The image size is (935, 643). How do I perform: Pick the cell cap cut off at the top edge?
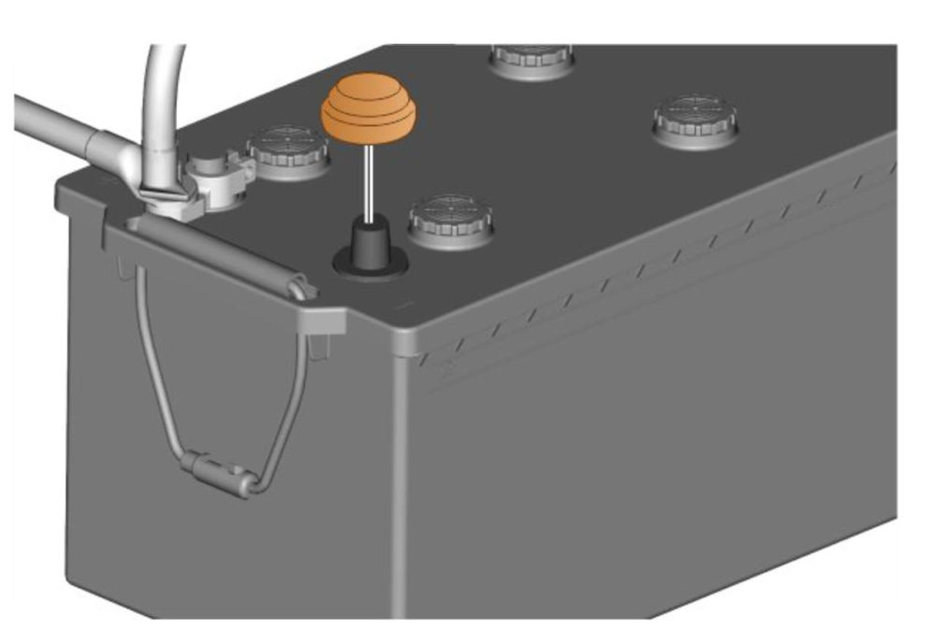click(x=532, y=59)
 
